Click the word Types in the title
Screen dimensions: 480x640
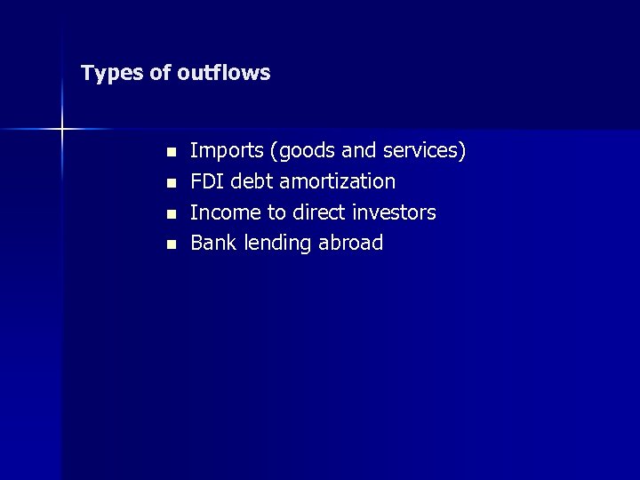pyautogui.click(x=112, y=73)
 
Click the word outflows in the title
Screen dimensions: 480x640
pyautogui.click(x=223, y=72)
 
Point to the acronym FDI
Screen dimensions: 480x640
pyautogui.click(x=207, y=181)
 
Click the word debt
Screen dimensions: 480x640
pyautogui.click(x=252, y=181)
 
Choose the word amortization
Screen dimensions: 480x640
pyautogui.click(x=338, y=181)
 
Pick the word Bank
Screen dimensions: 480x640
pyautogui.click(x=212, y=243)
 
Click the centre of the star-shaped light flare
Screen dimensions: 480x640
pyautogui.click(x=62, y=130)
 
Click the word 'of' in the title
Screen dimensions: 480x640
pyautogui.click(x=161, y=72)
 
